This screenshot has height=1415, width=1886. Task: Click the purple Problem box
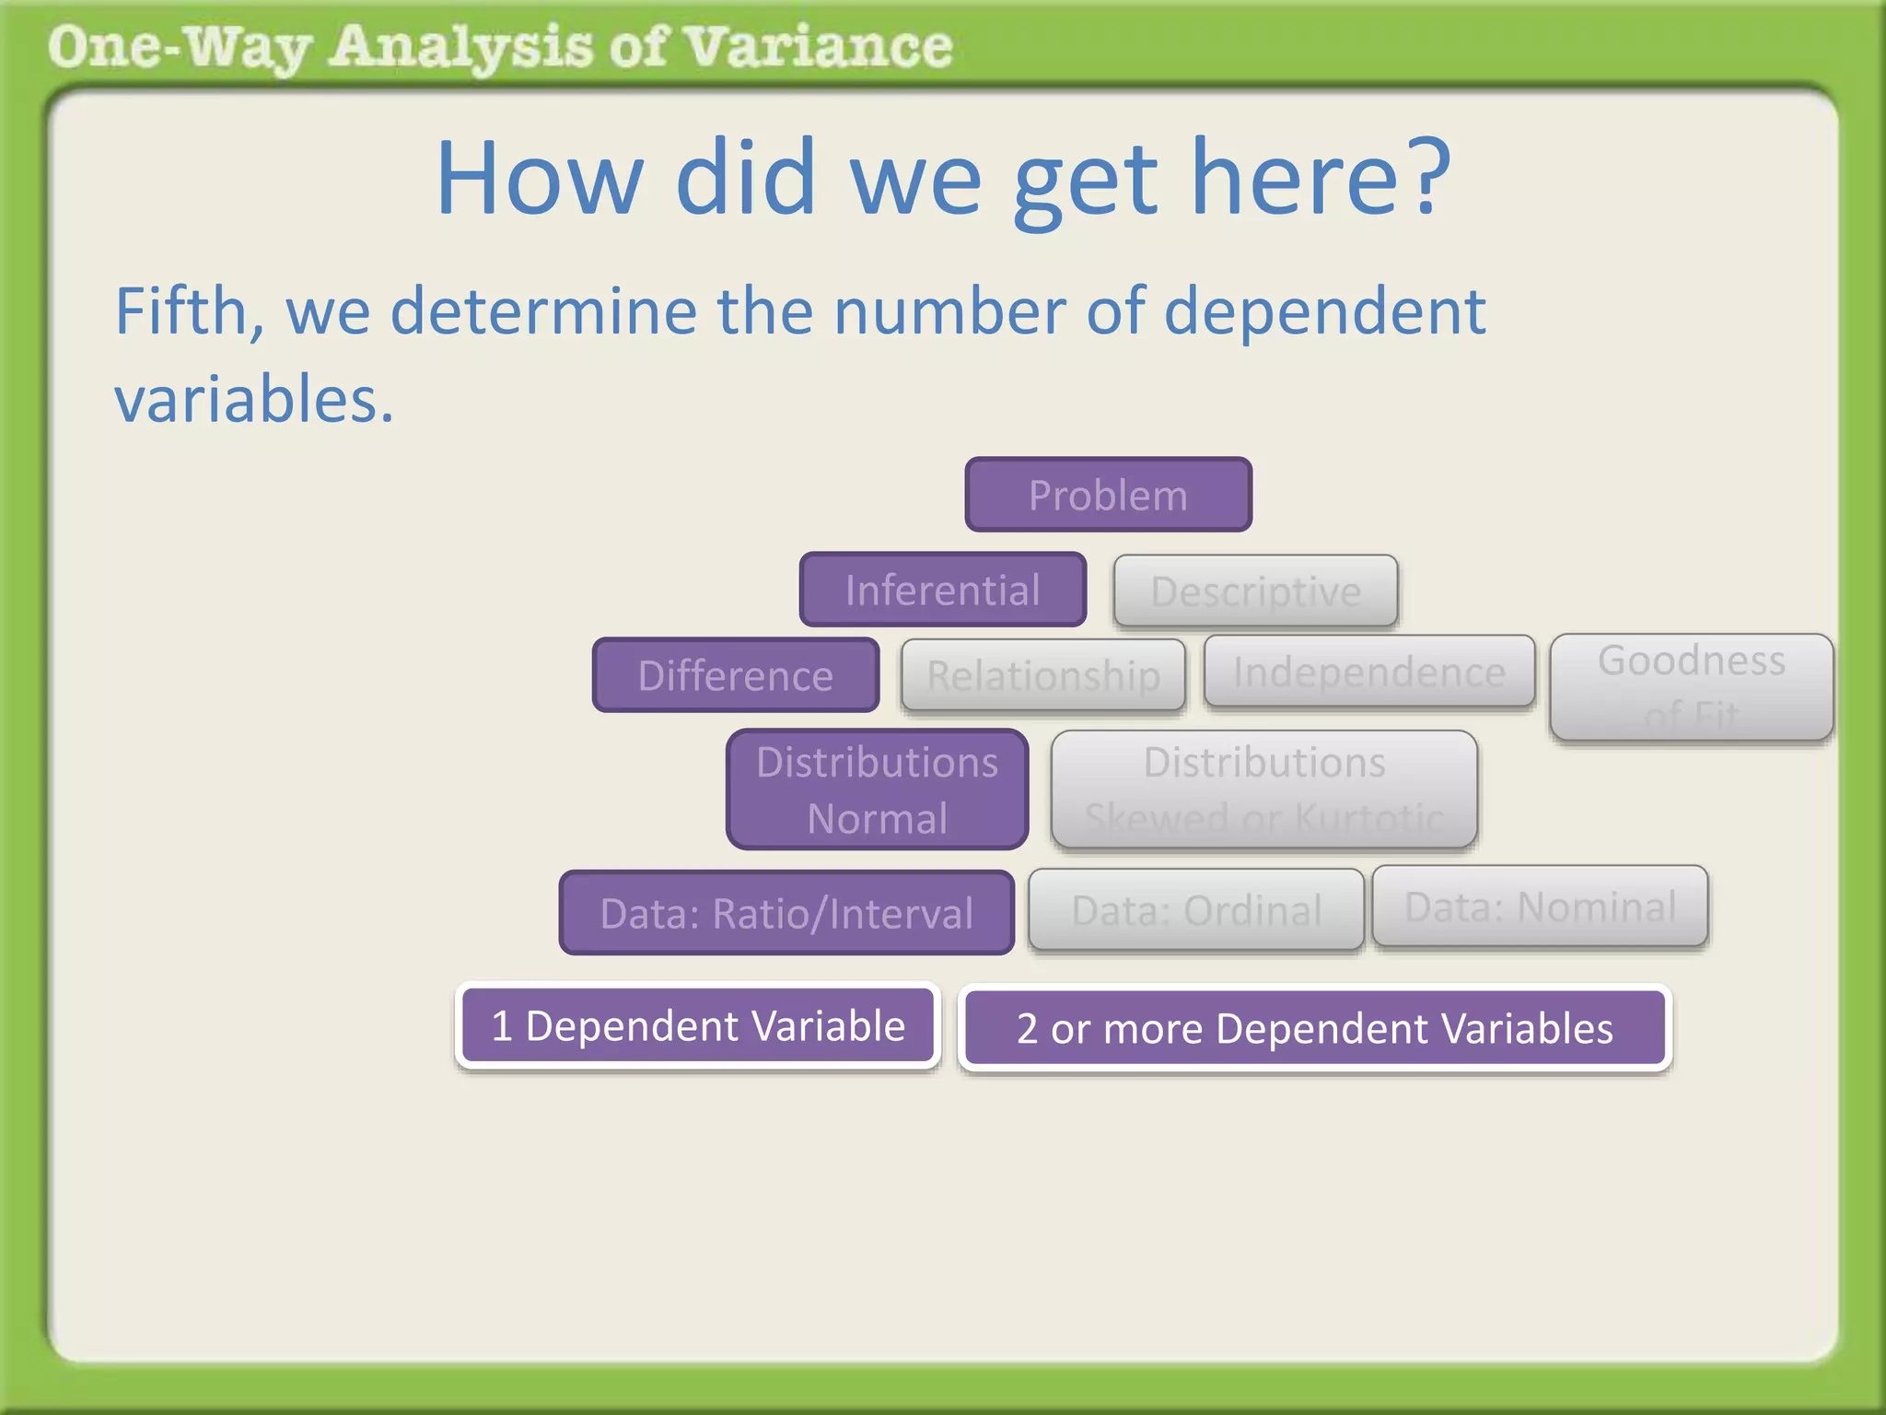(x=1108, y=495)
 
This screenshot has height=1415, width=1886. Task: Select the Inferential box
(x=942, y=590)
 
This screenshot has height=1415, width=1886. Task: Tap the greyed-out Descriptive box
(x=1255, y=591)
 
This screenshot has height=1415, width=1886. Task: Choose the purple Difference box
(x=735, y=675)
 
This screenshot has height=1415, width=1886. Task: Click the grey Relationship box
(x=1042, y=675)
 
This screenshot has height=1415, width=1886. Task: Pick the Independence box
(x=1368, y=672)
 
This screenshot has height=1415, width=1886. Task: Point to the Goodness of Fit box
(x=1691, y=686)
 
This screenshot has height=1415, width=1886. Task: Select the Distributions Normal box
(x=877, y=789)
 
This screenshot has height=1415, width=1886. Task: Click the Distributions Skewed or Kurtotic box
(x=1263, y=789)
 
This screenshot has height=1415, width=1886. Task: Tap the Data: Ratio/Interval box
(x=786, y=913)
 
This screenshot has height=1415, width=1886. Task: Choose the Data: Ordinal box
(x=1195, y=910)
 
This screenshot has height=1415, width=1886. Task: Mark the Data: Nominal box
(x=1540, y=906)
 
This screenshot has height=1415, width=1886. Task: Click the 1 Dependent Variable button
(x=698, y=1025)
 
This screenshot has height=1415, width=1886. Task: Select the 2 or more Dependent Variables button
(x=1314, y=1028)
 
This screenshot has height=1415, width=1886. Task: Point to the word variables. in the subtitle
(x=253, y=400)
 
